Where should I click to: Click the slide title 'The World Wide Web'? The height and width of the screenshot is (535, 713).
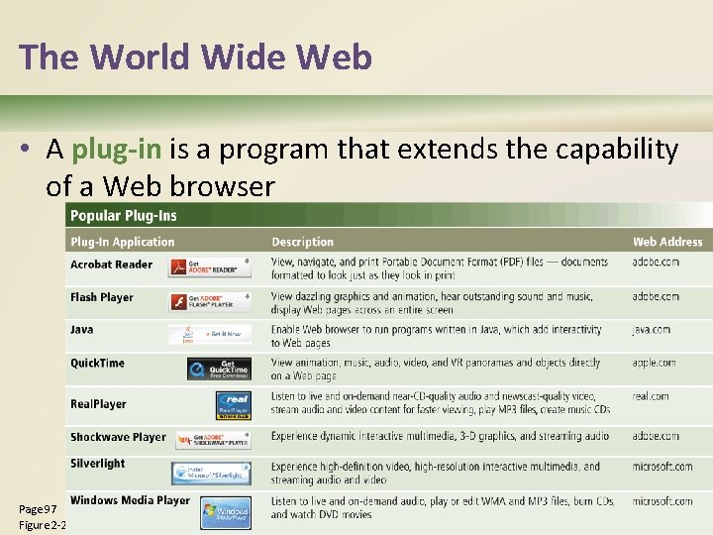[195, 56]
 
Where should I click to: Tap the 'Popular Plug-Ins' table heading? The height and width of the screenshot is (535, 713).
[123, 216]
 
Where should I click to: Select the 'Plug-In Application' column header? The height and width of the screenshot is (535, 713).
[122, 242]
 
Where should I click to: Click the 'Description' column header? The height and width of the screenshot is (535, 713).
[302, 242]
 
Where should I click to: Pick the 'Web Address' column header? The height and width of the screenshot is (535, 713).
[666, 242]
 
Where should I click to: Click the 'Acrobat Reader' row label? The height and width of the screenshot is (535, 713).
[111, 265]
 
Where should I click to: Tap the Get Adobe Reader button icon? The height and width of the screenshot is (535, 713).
[209, 268]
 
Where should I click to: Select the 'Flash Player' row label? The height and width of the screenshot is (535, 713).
[101, 297]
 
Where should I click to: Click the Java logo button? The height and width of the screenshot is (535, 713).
[209, 335]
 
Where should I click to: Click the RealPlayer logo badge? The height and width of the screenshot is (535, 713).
[233, 405]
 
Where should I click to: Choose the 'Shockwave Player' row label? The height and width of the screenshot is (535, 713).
[118, 437]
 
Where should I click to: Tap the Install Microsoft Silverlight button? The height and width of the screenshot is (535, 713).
[211, 473]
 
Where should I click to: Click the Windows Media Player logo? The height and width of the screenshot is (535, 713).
[225, 513]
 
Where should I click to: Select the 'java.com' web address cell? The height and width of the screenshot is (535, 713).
[651, 330]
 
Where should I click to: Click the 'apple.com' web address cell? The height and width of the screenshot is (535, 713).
[654, 363]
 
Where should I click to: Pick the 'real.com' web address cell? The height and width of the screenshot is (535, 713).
[651, 396]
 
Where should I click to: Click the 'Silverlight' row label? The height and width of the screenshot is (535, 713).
[97, 463]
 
